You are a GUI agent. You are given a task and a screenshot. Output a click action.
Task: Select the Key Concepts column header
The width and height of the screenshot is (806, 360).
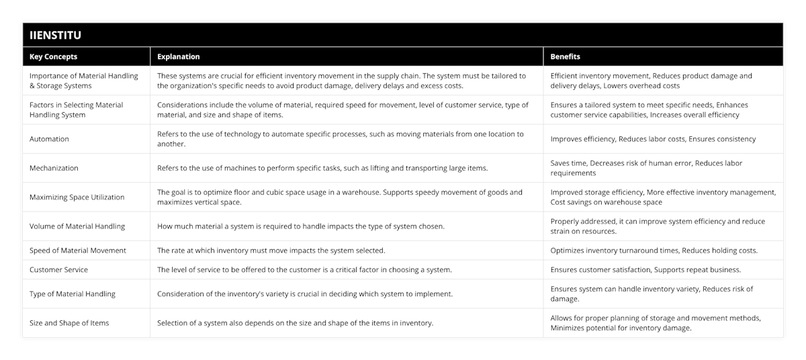(54, 57)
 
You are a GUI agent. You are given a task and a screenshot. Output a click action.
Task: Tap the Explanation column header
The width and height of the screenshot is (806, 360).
(179, 57)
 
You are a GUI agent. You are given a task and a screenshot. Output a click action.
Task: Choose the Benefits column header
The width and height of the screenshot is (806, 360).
(565, 57)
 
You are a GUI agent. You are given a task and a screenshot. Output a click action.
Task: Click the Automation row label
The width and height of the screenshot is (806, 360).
(49, 139)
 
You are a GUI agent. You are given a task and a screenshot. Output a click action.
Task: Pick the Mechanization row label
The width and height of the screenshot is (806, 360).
(54, 168)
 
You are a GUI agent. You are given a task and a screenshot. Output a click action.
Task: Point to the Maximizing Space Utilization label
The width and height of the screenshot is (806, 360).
(77, 197)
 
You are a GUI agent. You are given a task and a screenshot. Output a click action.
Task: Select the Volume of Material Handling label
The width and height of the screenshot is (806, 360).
(77, 226)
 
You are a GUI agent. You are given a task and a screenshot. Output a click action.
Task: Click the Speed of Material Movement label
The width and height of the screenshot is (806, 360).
(77, 251)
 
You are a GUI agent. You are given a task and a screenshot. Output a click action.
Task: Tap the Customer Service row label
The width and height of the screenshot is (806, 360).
(58, 269)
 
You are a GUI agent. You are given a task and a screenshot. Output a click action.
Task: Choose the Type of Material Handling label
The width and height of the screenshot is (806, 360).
(72, 294)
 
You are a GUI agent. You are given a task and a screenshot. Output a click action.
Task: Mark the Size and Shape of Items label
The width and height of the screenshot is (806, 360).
(69, 322)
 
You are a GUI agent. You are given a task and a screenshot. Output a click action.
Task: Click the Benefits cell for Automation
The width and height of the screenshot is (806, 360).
(653, 139)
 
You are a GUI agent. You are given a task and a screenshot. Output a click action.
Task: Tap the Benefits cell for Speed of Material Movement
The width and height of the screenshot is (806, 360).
(654, 251)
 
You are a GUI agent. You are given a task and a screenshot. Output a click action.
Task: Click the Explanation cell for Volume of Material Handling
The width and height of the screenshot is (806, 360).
(300, 226)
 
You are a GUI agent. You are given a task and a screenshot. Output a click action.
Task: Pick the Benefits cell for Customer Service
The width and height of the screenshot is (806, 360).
(644, 269)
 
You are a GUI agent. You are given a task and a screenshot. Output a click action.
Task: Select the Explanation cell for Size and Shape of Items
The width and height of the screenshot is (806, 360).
(295, 322)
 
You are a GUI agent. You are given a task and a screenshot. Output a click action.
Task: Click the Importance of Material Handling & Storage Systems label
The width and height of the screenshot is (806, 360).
(84, 81)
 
